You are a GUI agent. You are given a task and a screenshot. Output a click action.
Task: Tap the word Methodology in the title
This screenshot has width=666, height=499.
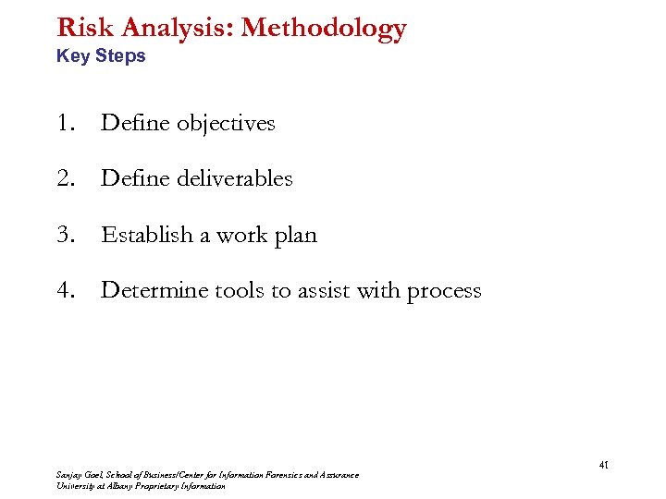point(324,29)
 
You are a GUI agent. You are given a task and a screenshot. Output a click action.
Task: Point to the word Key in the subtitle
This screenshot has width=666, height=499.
point(72,55)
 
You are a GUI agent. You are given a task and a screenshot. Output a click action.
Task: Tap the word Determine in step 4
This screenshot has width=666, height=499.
point(154,290)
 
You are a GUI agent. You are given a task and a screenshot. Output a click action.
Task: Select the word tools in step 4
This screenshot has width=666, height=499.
point(239,290)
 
